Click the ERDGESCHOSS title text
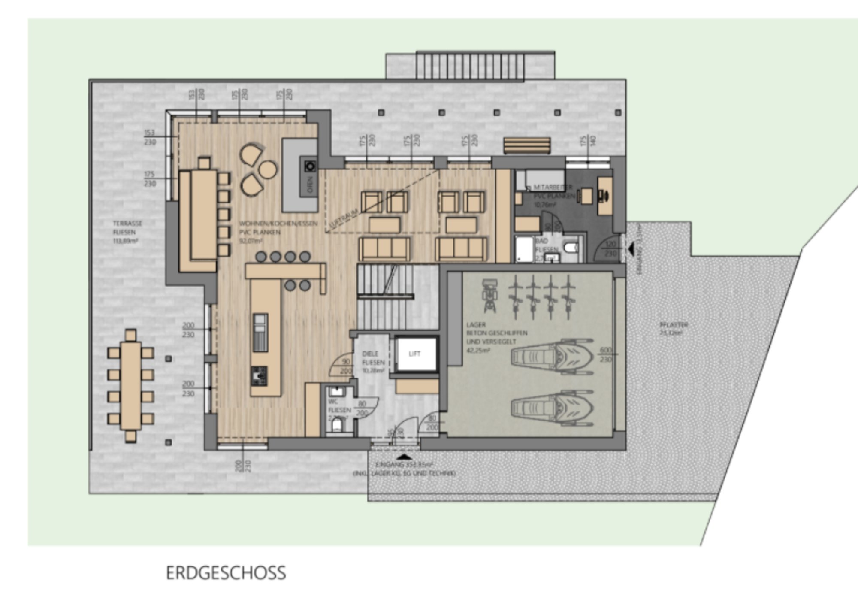pos(226,573)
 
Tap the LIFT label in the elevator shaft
pos(414,354)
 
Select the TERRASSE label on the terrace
pos(127,224)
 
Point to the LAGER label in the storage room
pos(477,325)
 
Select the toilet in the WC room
pos(337,426)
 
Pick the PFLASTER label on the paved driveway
pos(674,325)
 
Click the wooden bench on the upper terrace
pos(527,146)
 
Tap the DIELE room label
pos(370,354)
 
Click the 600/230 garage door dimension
pos(605,354)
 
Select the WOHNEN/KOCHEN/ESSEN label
pos(278,224)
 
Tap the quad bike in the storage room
pos(489,295)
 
